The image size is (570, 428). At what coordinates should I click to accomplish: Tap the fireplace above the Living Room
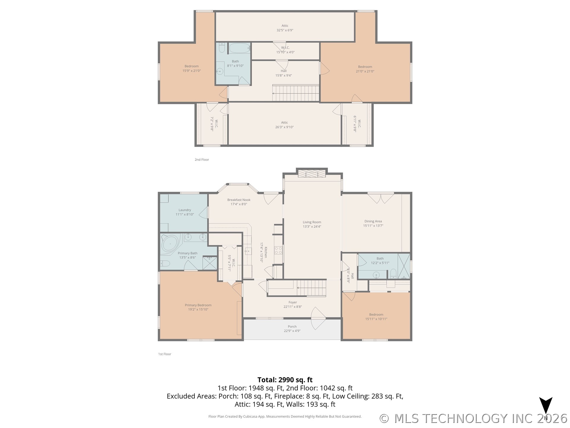(312, 174)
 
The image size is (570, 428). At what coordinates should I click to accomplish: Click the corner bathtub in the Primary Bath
(170, 244)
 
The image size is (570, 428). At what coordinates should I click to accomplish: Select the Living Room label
(312, 224)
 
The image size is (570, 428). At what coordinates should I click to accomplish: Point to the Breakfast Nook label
(239, 202)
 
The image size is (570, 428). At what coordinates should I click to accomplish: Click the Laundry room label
(185, 212)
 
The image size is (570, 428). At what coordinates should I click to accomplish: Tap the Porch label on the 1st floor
(292, 328)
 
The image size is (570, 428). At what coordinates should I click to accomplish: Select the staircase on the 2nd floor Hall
(296, 93)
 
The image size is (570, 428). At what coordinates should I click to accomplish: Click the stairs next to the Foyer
(311, 288)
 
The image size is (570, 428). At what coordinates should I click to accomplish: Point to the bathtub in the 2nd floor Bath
(240, 48)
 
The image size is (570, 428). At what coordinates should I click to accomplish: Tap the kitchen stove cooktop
(278, 250)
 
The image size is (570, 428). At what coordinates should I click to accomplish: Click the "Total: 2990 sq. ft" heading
(285, 380)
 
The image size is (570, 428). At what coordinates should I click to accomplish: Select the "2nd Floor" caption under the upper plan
(202, 160)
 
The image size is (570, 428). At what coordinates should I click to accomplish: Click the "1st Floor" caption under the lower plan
(164, 354)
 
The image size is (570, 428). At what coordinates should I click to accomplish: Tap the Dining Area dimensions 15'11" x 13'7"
(373, 226)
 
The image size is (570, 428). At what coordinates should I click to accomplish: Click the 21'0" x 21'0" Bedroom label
(365, 69)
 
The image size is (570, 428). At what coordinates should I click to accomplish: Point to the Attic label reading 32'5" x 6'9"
(285, 28)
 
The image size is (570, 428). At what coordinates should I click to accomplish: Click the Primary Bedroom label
(198, 307)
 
